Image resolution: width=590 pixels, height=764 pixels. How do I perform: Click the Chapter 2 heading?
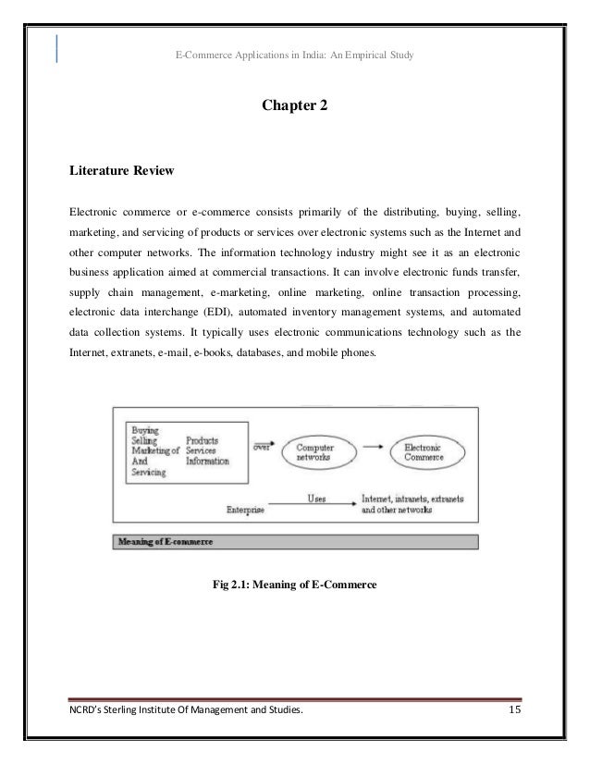coord(294,109)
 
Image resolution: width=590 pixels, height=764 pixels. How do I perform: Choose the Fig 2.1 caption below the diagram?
coord(294,584)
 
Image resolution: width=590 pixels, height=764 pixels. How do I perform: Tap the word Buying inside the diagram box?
coord(145,431)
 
